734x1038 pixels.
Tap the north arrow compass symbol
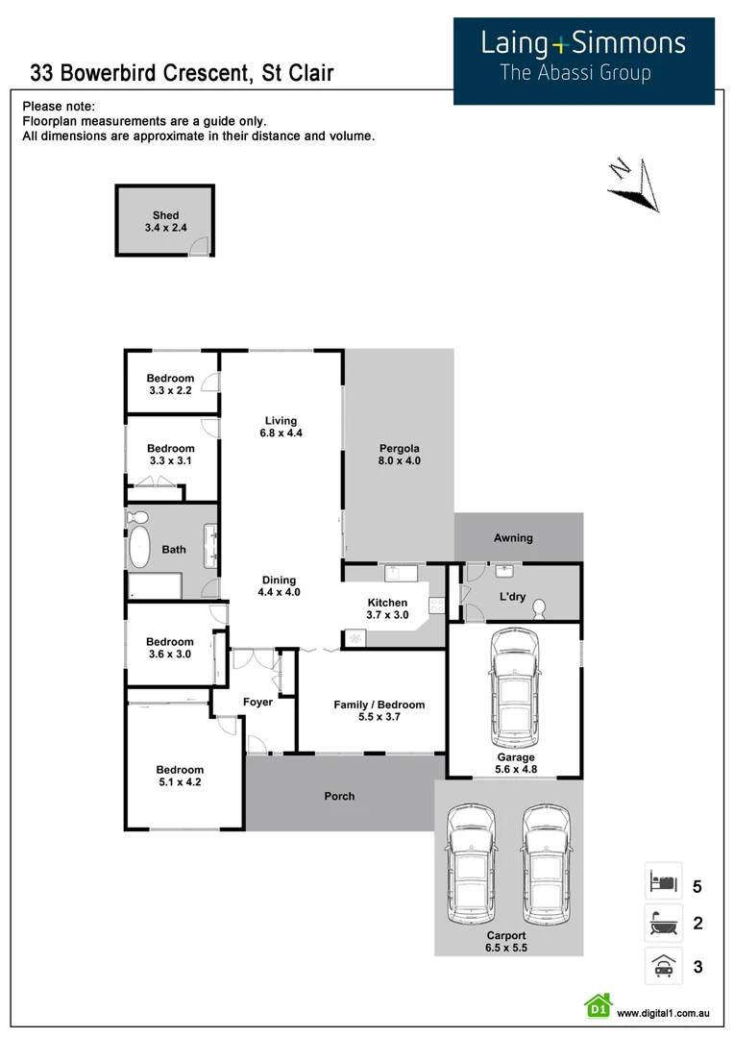click(631, 183)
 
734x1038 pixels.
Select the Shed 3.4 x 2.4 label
click(165, 222)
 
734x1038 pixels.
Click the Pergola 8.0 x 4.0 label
click(399, 455)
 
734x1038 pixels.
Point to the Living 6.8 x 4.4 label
click(281, 427)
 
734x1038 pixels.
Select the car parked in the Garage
click(513, 691)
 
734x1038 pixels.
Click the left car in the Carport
click(473, 862)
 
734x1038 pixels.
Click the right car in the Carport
click(545, 862)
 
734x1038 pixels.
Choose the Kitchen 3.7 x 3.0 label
click(387, 608)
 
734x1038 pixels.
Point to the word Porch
click(339, 796)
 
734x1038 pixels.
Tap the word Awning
click(513, 538)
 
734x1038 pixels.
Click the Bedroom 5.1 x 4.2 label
click(181, 776)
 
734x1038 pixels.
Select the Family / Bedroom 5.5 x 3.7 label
click(379, 710)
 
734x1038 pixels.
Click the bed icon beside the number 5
click(663, 880)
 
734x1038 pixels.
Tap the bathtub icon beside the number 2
click(663, 924)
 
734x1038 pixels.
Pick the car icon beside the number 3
click(663, 966)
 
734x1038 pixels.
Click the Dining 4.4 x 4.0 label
click(280, 586)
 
